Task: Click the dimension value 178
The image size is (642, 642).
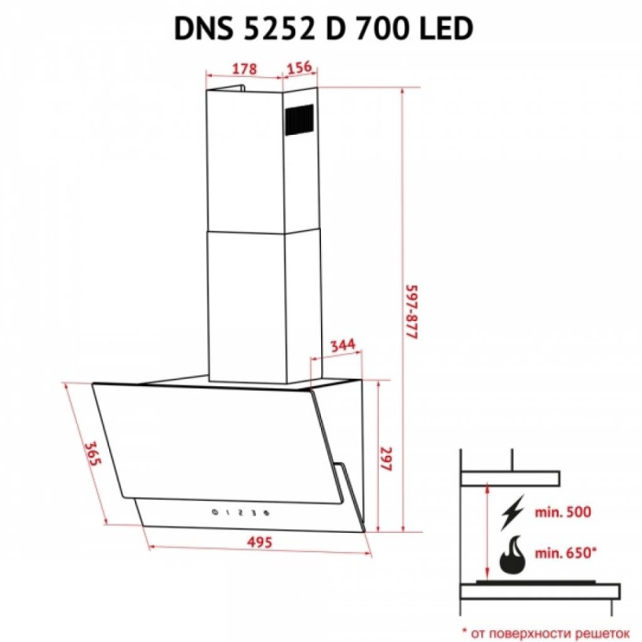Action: point(245,69)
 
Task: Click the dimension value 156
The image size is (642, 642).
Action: point(299,67)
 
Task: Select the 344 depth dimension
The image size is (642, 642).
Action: point(343,346)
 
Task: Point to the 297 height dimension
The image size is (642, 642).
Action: point(386,459)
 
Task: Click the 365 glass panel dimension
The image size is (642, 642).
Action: point(92,453)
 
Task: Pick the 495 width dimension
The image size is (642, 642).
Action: point(260,542)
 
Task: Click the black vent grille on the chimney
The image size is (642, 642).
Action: point(299,119)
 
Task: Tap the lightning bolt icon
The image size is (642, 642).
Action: point(512,512)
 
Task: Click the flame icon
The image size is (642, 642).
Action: point(512,554)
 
